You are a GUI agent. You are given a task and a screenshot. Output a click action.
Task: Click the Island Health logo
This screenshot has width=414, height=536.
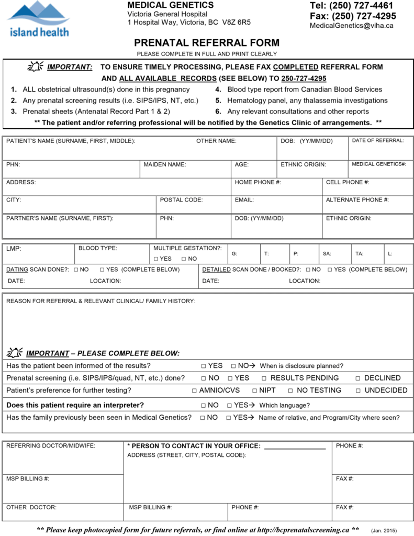pyautogui.click(x=38, y=19)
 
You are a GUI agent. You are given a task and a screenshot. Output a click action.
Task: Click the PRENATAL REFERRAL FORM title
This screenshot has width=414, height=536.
pyautogui.click(x=207, y=43)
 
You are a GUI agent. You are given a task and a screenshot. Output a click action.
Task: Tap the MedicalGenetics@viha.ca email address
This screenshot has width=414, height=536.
pyautogui.click(x=352, y=26)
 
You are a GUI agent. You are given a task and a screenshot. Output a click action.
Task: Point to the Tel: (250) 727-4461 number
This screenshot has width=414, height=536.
pyautogui.click(x=351, y=6)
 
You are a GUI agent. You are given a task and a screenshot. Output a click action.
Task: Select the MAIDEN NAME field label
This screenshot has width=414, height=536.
pyautogui.click(x=165, y=164)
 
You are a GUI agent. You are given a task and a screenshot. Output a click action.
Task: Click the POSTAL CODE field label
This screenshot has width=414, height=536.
pyautogui.click(x=181, y=199)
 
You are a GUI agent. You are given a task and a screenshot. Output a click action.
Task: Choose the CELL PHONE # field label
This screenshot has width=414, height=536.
pyautogui.click(x=348, y=182)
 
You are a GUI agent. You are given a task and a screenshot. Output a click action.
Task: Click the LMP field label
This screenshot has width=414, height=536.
pyautogui.click(x=14, y=249)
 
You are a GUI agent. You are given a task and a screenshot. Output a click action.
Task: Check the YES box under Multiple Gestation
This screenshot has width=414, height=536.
pyautogui.click(x=156, y=259)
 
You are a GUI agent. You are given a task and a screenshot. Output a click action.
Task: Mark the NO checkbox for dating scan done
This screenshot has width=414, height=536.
pyautogui.click(x=76, y=270)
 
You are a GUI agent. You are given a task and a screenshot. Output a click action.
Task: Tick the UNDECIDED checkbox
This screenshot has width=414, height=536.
pyautogui.click(x=359, y=390)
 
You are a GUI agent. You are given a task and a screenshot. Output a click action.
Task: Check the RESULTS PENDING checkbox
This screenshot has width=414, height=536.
pyautogui.click(x=264, y=378)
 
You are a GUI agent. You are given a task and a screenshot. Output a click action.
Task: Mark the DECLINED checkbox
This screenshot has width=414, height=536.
pyautogui.click(x=358, y=378)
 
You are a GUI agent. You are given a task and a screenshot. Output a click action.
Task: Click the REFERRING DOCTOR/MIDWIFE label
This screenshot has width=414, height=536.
pyautogui.click(x=51, y=446)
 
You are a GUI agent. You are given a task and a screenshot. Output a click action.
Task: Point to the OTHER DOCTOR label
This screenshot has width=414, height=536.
pyautogui.click(x=31, y=507)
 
